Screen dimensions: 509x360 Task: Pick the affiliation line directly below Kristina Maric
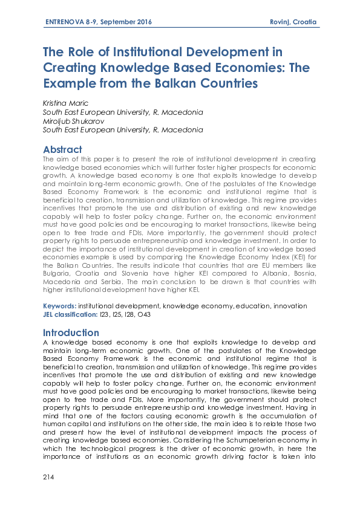click(x=123, y=112)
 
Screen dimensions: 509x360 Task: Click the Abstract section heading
click(x=62, y=149)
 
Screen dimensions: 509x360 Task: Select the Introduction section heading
click(x=71, y=332)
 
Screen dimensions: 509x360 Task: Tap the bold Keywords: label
click(x=60, y=306)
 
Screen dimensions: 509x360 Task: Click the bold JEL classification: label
click(x=70, y=314)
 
